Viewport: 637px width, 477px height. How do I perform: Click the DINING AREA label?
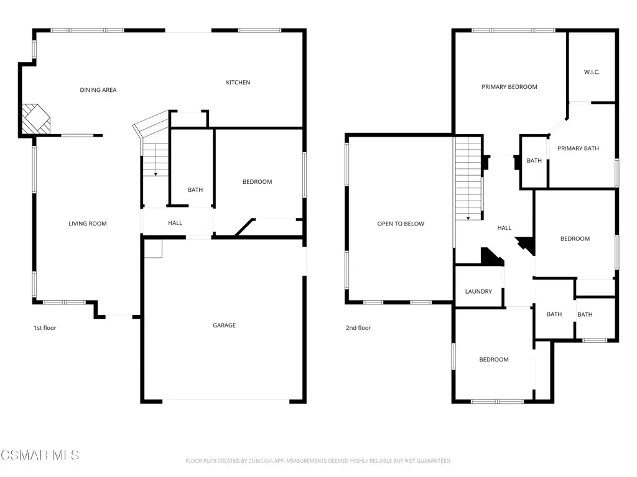click(98, 90)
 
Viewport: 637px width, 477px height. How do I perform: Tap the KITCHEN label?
click(238, 83)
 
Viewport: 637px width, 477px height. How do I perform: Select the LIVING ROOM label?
click(87, 224)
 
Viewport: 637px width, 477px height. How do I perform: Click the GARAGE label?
click(224, 325)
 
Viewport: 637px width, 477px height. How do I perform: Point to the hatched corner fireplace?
click(35, 119)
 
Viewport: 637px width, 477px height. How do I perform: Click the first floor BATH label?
click(195, 190)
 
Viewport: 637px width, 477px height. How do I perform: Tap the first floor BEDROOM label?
click(257, 182)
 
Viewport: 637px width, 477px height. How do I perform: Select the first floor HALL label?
click(175, 223)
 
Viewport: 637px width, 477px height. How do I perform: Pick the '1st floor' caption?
click(45, 328)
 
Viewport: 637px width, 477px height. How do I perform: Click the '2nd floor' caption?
click(358, 328)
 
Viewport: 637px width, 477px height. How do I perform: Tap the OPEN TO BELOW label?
click(401, 224)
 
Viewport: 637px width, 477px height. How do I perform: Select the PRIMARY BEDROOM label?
click(509, 87)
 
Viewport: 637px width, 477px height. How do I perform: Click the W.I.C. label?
click(592, 72)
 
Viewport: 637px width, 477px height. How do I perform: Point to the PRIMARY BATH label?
click(578, 148)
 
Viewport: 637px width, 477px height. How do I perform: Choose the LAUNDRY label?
click(478, 292)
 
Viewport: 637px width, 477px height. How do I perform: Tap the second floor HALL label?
click(504, 228)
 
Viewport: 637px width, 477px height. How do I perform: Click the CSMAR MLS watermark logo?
click(40, 455)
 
